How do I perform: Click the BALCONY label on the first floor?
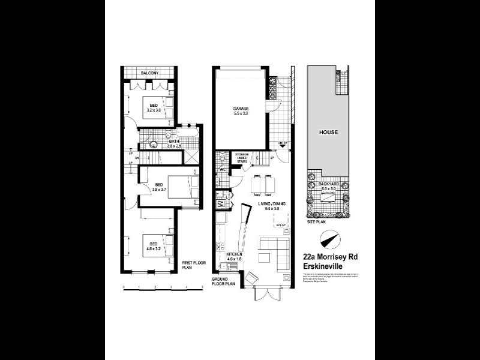tap(150, 73)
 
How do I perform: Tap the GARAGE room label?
tap(241, 109)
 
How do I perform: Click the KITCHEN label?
tap(233, 254)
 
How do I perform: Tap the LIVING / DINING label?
tap(271, 204)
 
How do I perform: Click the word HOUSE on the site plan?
tap(328, 132)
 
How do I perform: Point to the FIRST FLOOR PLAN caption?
tap(192, 265)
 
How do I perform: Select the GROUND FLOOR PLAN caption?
tap(224, 283)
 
